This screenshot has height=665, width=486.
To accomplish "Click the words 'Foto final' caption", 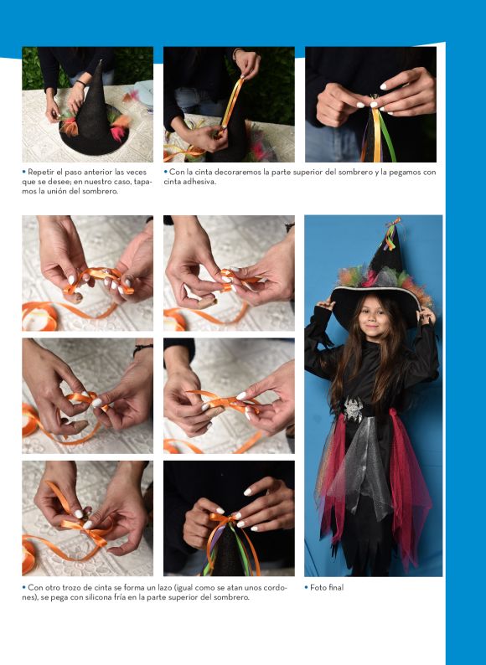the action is tap(327, 587).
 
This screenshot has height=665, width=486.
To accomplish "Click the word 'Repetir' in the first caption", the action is tap(41, 173).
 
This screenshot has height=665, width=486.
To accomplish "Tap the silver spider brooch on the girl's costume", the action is tap(353, 410).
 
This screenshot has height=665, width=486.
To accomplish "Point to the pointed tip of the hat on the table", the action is tap(101, 62).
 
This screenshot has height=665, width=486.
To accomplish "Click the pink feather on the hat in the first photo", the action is tap(118, 132).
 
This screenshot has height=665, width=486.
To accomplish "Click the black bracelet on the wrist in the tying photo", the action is tap(142, 348).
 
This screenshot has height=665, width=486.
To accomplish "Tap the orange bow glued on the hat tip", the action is tap(224, 519).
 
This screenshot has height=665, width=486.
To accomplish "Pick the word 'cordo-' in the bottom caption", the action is tap(275, 588).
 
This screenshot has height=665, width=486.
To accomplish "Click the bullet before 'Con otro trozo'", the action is tap(23, 587).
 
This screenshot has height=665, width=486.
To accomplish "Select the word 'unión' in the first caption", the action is tap(70, 191).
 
